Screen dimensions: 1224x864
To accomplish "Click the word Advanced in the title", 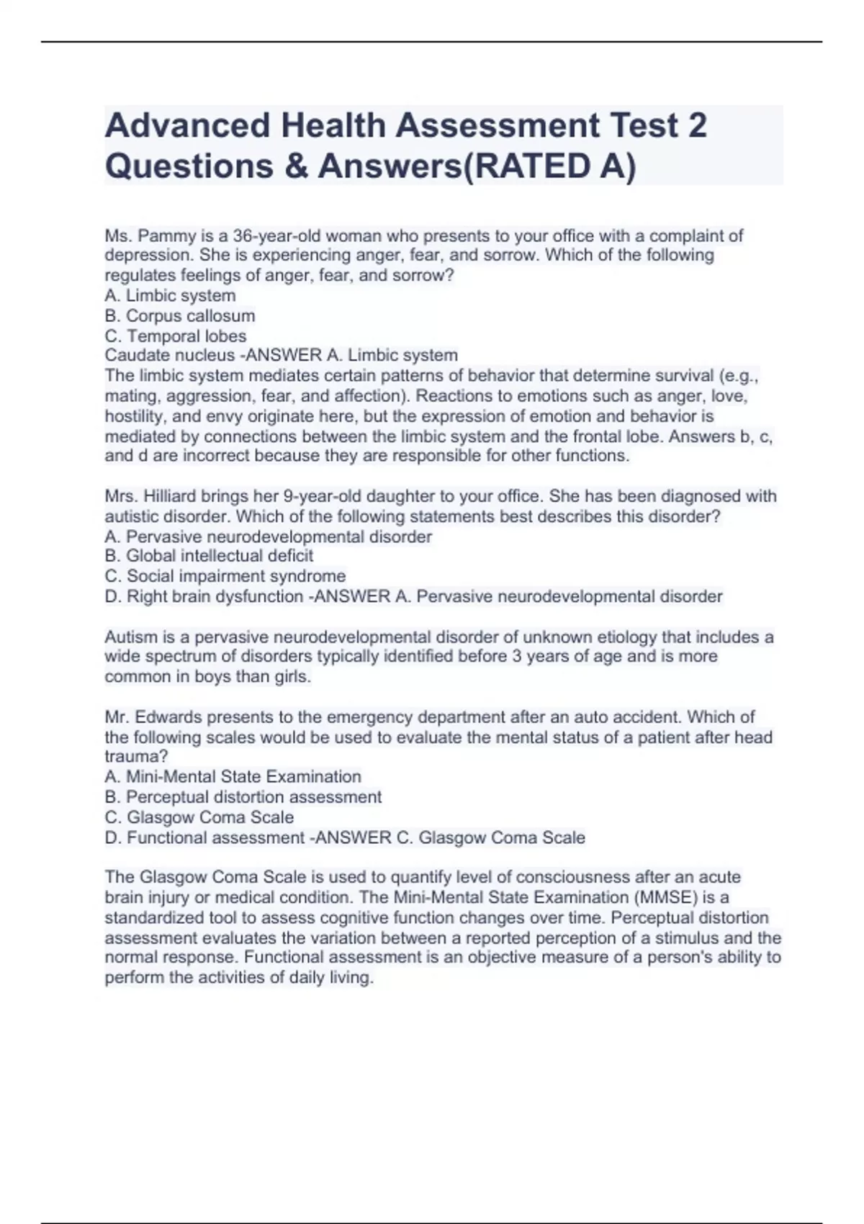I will (x=187, y=125).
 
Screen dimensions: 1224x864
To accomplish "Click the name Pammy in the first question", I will (x=163, y=235).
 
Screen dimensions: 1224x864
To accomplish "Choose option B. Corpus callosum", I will (x=180, y=315).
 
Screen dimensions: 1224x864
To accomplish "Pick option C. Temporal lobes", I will (x=176, y=336).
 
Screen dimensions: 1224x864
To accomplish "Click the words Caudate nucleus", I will (x=170, y=355).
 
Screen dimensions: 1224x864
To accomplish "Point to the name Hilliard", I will (x=171, y=496).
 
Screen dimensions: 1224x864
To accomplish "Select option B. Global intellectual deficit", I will (x=209, y=556).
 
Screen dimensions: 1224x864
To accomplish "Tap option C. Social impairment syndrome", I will (x=225, y=576).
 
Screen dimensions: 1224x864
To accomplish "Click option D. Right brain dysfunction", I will (x=204, y=596).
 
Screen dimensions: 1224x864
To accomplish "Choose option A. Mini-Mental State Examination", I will (x=233, y=777).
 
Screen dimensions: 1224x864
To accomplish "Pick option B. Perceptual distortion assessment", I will (x=243, y=797).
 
